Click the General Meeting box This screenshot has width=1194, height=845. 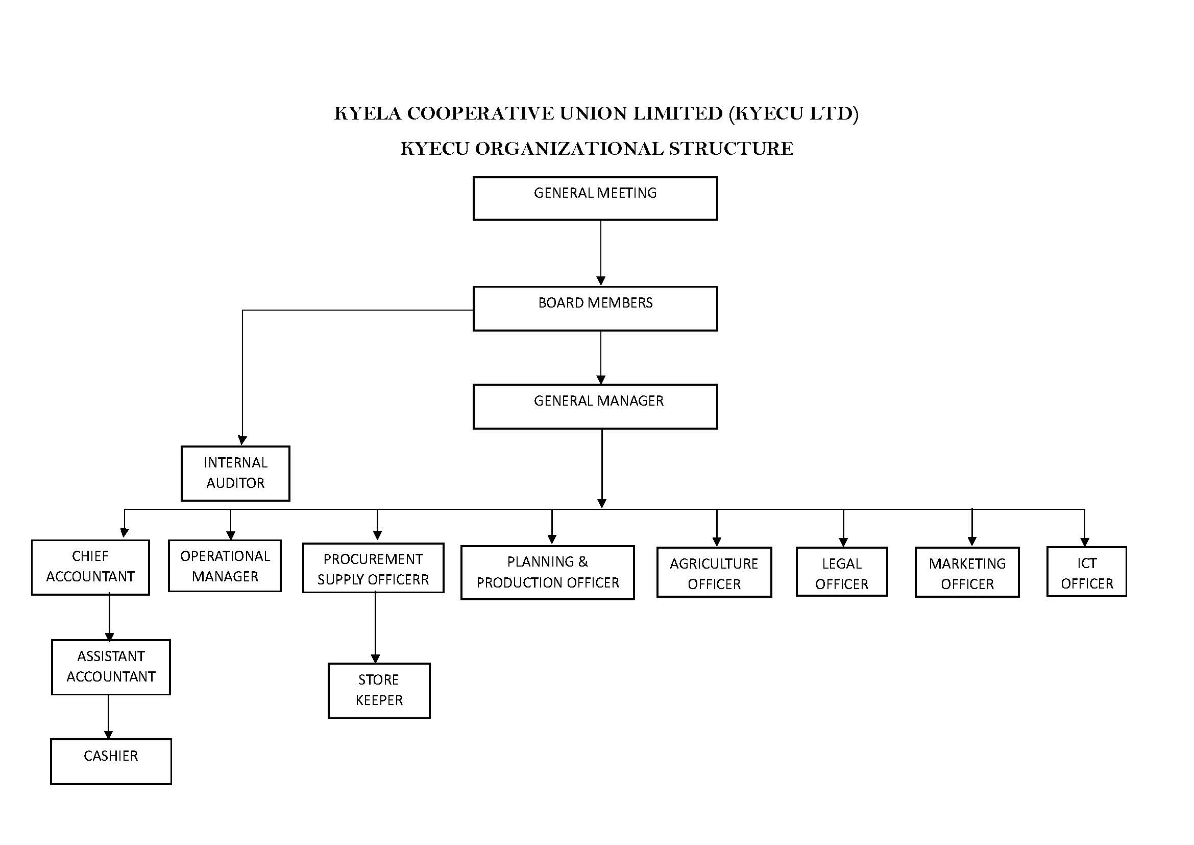(x=595, y=198)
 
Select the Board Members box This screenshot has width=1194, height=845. (x=595, y=309)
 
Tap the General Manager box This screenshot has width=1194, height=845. (x=595, y=406)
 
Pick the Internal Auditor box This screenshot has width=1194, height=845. (x=235, y=473)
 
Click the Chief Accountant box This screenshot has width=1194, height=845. (x=90, y=567)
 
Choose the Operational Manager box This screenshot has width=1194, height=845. (x=225, y=566)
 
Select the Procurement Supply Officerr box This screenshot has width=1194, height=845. (x=373, y=568)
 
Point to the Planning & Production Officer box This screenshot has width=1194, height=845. (x=547, y=572)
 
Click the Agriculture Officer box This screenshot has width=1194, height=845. (x=714, y=572)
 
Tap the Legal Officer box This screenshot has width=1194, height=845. (x=841, y=572)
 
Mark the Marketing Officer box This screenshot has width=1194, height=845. (x=967, y=572)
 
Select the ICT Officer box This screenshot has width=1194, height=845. (x=1086, y=572)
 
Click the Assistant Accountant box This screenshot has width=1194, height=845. (x=111, y=667)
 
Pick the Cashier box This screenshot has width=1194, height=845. (x=111, y=761)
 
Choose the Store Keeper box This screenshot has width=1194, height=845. (x=379, y=691)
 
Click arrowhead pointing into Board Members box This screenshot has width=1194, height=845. (x=601, y=281)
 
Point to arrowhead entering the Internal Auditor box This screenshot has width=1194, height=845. (x=242, y=440)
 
